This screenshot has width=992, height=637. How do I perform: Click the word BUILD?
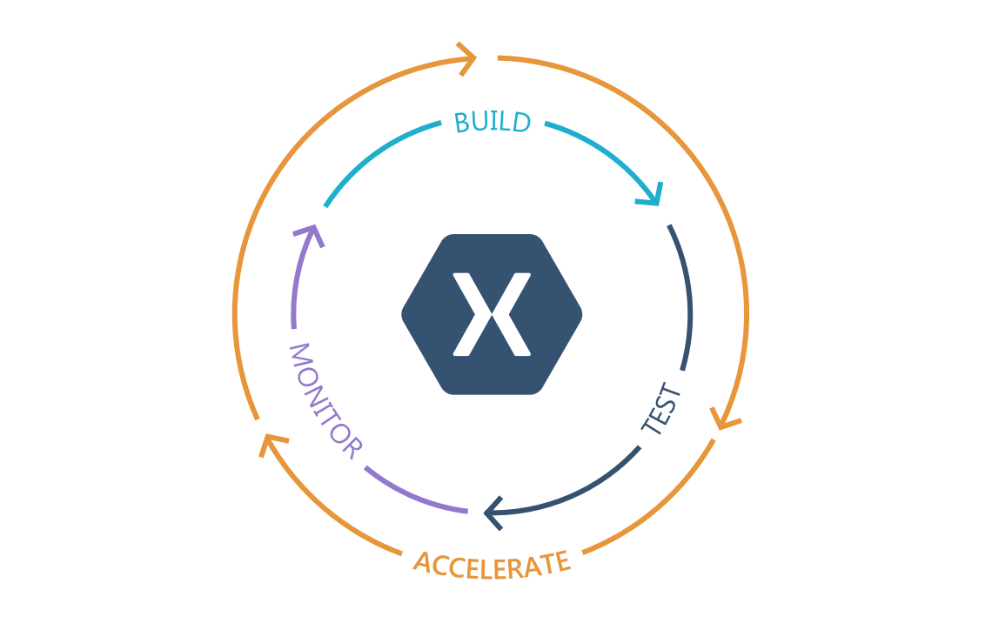pos(492,123)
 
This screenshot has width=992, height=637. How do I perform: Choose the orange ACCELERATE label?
pos(492,563)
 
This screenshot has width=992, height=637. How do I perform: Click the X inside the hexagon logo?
pos(492,314)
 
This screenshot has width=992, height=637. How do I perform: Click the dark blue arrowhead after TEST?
pos(493,513)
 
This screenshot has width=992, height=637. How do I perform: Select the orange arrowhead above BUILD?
pos(467,60)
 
